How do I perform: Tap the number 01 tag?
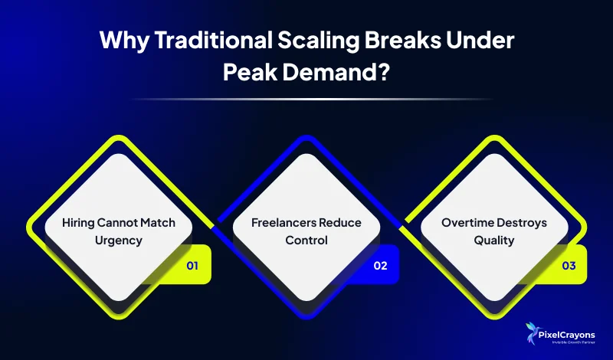[192, 267]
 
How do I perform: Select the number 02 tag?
[380, 267]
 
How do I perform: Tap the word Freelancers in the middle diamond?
[281, 222]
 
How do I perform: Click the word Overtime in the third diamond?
[467, 222]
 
